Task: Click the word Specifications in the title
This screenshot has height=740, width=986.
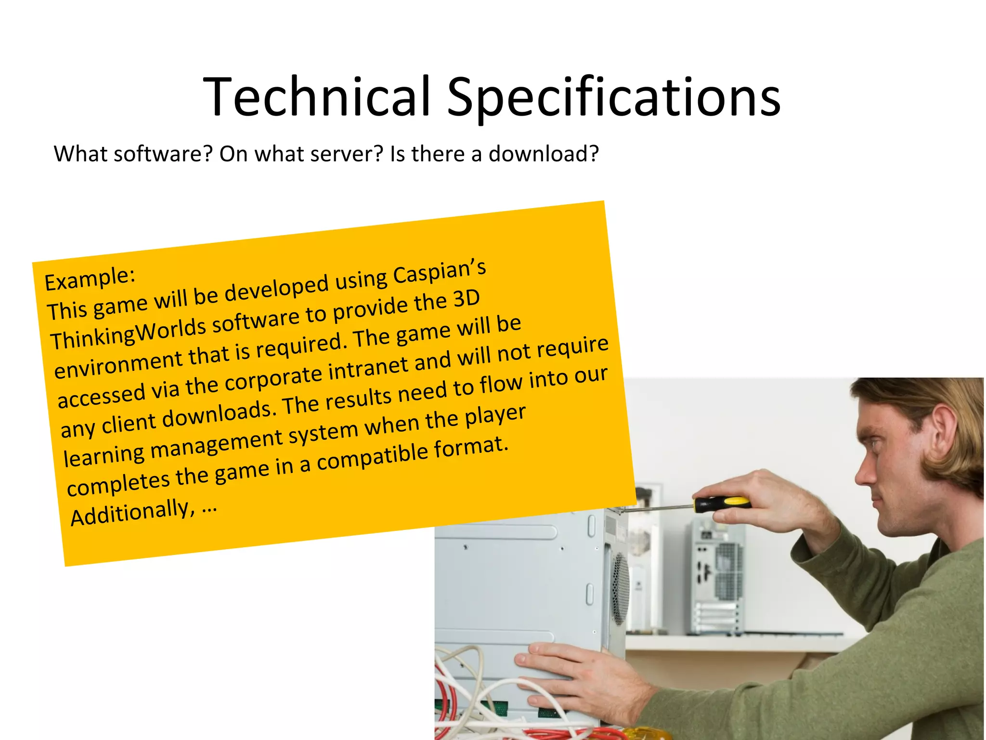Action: point(613,99)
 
